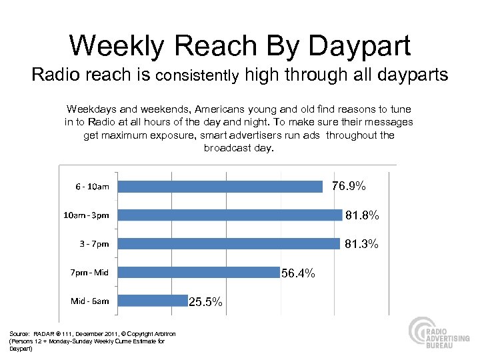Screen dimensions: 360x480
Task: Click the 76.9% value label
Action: pyautogui.click(x=349, y=187)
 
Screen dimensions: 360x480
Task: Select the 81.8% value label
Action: pyautogui.click(x=363, y=215)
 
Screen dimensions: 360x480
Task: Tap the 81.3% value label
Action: pyautogui.click(x=361, y=244)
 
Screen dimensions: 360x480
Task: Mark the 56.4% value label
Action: pyautogui.click(x=298, y=273)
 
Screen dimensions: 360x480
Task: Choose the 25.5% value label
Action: pyautogui.click(x=206, y=302)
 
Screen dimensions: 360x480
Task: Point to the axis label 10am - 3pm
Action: pyautogui.click(x=86, y=215)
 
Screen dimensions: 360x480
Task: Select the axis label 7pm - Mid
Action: pyautogui.click(x=89, y=272)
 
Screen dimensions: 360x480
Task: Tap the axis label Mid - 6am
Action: pyautogui.click(x=90, y=301)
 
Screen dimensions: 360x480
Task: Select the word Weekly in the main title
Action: pyautogui.click(x=115, y=46)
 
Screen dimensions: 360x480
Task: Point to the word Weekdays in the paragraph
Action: pyautogui.click(x=88, y=109)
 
